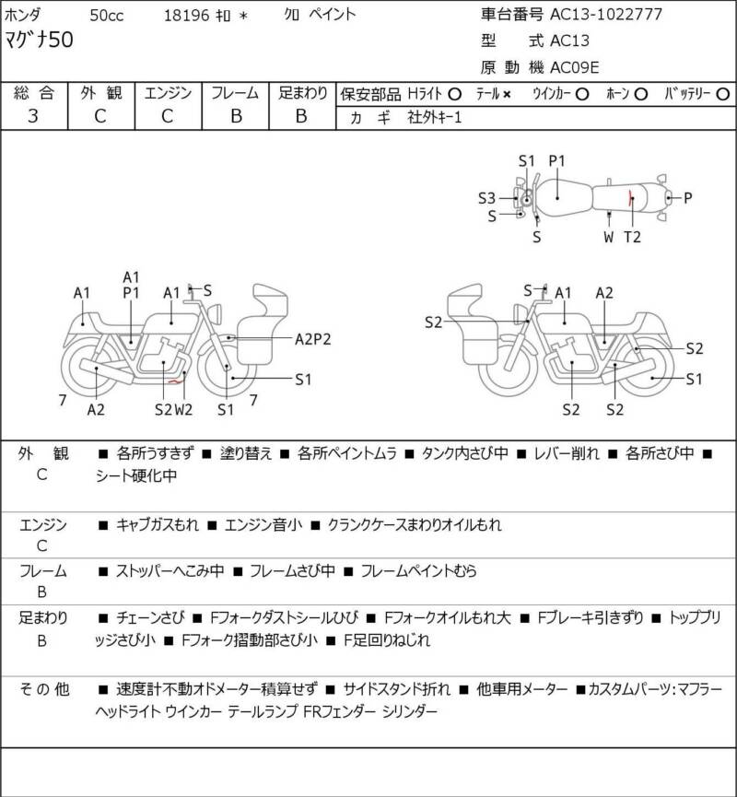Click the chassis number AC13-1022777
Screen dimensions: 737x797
606,14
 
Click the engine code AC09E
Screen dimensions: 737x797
574,67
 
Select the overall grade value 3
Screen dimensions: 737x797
33,116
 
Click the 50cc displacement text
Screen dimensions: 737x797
107,16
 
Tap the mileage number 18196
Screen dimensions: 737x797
186,16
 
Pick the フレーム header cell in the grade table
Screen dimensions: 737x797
235,93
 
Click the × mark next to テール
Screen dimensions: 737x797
507,95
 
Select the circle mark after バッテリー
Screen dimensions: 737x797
722,94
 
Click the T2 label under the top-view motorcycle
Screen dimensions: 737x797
632,237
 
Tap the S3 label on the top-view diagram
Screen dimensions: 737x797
486,198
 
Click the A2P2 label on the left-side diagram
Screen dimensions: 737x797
312,339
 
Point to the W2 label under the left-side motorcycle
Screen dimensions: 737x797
183,409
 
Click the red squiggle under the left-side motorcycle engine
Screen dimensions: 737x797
176,381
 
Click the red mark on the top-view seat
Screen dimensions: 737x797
631,198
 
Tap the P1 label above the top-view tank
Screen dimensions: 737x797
556,161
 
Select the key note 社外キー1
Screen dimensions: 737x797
435,118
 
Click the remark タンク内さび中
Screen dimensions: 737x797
464,453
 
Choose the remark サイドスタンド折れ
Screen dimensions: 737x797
396,689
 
